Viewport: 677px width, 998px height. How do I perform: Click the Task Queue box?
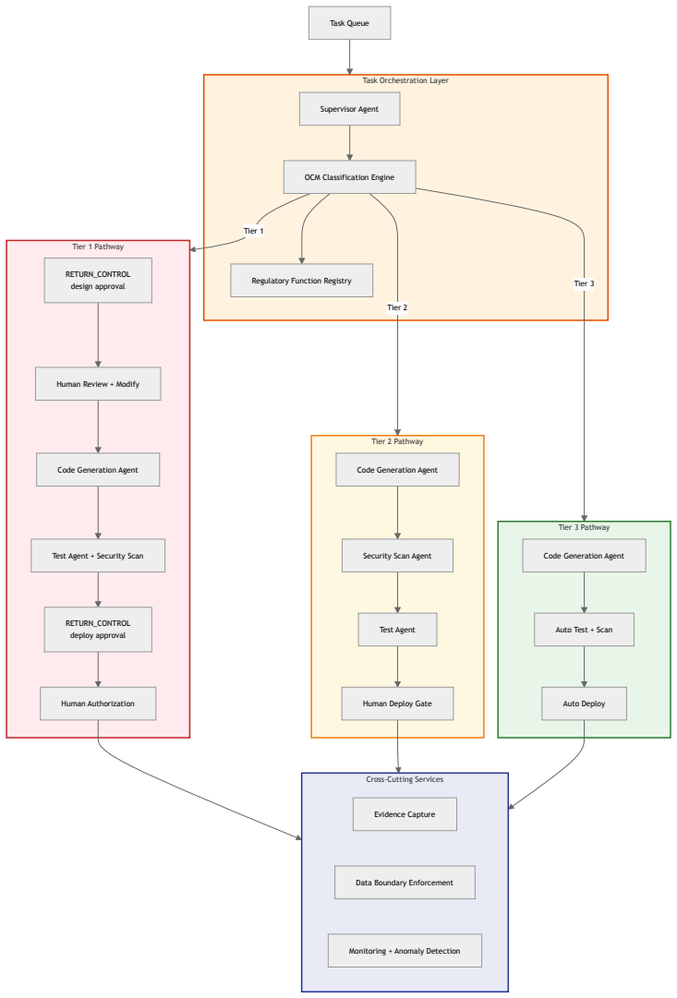(x=350, y=23)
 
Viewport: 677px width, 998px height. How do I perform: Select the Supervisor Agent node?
(x=350, y=109)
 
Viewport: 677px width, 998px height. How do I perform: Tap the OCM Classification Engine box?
(x=350, y=177)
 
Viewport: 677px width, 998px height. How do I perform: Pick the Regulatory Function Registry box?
(x=302, y=281)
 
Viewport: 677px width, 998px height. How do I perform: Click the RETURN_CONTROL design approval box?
(x=98, y=280)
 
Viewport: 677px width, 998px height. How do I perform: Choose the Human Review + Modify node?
(x=98, y=384)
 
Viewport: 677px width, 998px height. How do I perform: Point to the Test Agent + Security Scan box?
(x=98, y=556)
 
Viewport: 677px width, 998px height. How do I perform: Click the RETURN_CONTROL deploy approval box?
(x=98, y=630)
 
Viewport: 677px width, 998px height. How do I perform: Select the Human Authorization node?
(x=98, y=703)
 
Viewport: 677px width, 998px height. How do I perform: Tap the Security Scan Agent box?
(x=397, y=556)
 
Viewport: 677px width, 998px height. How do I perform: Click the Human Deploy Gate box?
(x=397, y=703)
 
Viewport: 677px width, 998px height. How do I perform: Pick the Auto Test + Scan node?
(x=584, y=630)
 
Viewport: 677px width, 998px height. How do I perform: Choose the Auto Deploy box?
(x=584, y=703)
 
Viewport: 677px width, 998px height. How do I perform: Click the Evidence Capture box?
(x=405, y=814)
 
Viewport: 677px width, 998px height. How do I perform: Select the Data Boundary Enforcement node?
(x=405, y=883)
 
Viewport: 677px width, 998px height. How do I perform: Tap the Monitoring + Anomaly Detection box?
(x=405, y=951)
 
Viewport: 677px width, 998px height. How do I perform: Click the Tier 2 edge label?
(x=397, y=307)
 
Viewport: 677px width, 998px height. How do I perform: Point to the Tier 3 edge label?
(x=584, y=283)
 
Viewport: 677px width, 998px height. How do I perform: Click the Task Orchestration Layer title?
(x=405, y=81)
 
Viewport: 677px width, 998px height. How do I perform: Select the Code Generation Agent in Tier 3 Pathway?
(x=584, y=556)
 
